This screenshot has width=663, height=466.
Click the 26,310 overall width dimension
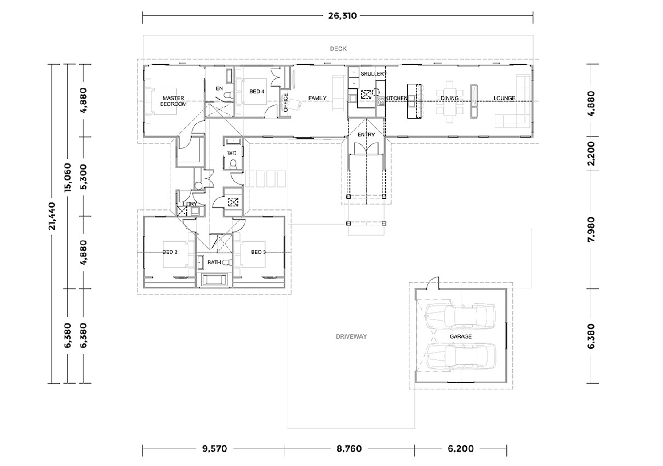coord(342,16)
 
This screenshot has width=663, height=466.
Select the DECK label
coord(338,49)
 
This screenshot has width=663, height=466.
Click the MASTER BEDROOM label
coord(174,101)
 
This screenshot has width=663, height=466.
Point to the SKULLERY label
coord(374,73)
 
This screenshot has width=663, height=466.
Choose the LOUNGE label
coord(504,98)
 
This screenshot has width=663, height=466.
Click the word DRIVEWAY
coord(351,337)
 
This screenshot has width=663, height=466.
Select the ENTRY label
coord(365,134)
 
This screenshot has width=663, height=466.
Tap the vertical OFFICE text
coord(285,102)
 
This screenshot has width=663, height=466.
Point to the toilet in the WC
coord(233,164)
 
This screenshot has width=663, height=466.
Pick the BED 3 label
coord(258,252)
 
